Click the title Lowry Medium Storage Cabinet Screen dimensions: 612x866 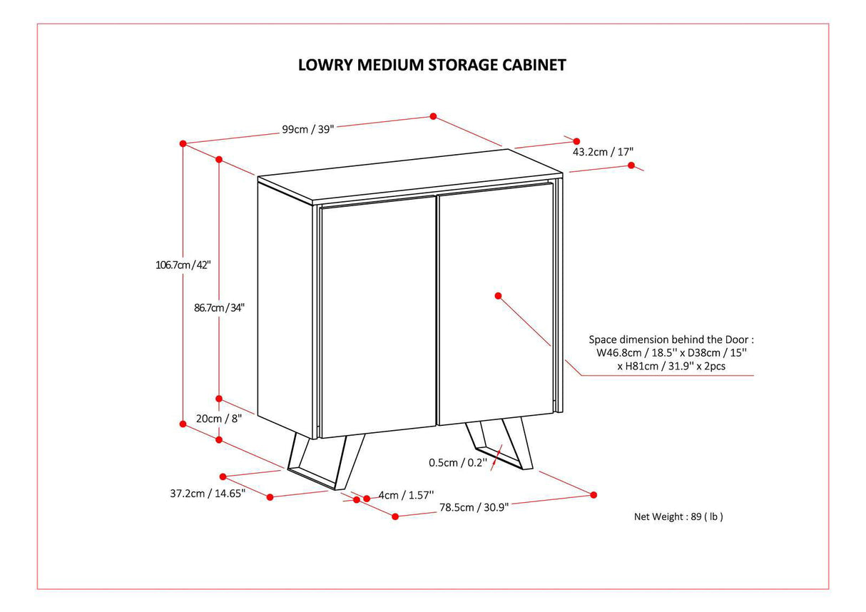tap(432, 65)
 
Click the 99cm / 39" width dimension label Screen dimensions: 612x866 tap(307, 129)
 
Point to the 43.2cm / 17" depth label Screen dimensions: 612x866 tap(603, 152)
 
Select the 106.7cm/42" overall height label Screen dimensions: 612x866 tap(183, 264)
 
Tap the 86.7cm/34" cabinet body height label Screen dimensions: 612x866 tap(220, 308)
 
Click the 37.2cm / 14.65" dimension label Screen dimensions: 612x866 tap(208, 493)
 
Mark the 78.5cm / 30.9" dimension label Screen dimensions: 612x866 tap(474, 507)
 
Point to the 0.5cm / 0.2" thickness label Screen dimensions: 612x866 tap(457, 462)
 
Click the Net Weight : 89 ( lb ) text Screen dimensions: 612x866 tap(678, 516)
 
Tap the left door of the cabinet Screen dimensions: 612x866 tap(377, 317)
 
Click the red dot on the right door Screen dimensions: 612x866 tap(498, 295)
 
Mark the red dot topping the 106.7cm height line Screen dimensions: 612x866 tap(183, 143)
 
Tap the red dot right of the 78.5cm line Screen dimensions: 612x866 tap(594, 494)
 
